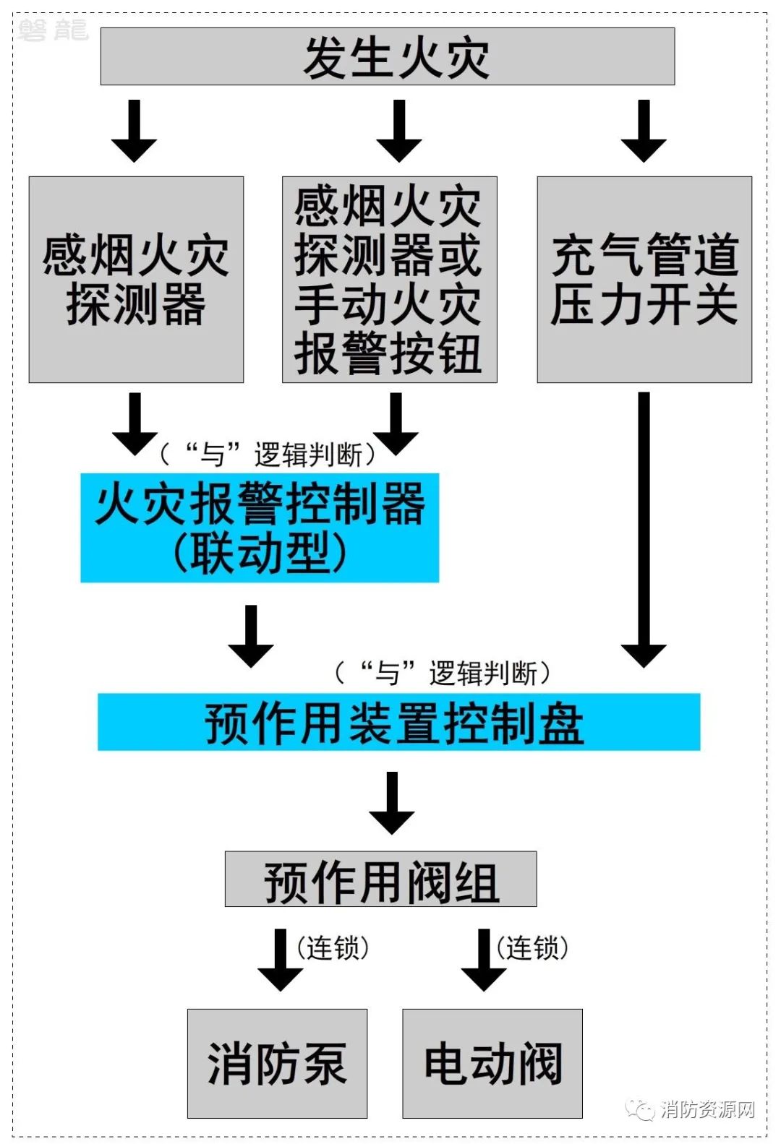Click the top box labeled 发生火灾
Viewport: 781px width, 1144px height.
[388, 56]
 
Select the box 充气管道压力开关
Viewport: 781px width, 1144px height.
[644, 280]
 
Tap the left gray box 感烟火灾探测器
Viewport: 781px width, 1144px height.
[136, 280]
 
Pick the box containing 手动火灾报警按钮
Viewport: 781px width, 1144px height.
[390, 280]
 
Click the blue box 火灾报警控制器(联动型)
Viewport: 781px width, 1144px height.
[260, 528]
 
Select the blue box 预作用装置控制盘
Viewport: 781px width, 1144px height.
[398, 722]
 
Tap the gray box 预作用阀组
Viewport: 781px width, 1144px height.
[381, 879]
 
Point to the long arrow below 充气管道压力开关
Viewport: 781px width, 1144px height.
[644, 530]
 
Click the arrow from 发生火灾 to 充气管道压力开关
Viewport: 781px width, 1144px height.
[644, 131]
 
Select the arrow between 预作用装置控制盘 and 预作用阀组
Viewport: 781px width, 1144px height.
[392, 803]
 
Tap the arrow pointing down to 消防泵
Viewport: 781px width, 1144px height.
[280, 960]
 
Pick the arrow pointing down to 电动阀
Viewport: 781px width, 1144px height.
[484, 960]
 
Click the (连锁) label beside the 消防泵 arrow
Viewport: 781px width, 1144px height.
[333, 948]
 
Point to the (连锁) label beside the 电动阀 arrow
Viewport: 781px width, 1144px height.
[532, 948]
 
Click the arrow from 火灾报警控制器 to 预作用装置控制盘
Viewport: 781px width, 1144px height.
[250, 637]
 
